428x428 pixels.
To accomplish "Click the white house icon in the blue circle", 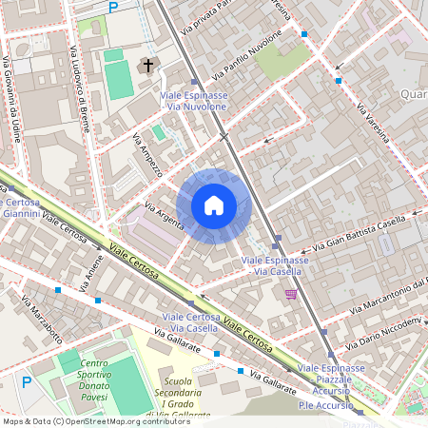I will pos(214,204).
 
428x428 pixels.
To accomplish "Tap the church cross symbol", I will pos(146,66).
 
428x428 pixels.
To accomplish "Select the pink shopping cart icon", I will pos(290,295).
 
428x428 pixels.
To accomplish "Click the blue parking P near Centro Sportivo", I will pos(27,381).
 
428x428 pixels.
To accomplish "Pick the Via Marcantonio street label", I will pos(385,298).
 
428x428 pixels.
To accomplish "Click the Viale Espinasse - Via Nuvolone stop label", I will pos(197,102).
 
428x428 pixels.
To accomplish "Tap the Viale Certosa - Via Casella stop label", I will pos(190,322).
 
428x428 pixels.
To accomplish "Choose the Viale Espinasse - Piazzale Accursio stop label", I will pos(331,374).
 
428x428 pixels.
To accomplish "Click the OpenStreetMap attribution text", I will pos(96,420).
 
